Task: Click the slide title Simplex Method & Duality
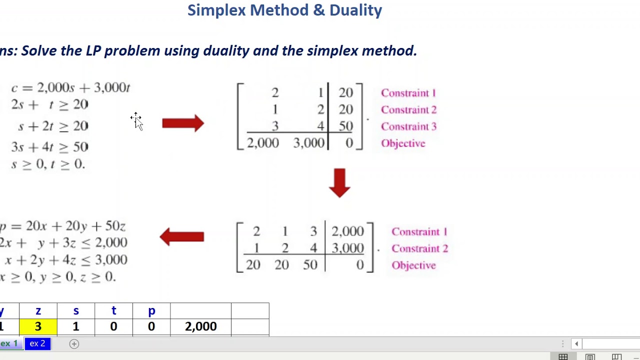point(284,10)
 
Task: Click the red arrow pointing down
point(339,182)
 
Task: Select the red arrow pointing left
point(182,236)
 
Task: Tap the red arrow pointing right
point(183,123)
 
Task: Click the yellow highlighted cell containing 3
point(38,326)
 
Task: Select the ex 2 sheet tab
point(37,343)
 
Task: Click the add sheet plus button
point(74,343)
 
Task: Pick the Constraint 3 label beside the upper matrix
point(408,126)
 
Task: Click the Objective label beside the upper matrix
point(403,143)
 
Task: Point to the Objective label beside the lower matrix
point(413,265)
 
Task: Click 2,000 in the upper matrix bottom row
point(263,143)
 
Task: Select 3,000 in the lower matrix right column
point(347,248)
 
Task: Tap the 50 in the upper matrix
point(345,126)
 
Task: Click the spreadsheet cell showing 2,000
point(200,326)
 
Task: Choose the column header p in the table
point(151,311)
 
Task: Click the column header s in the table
point(76,311)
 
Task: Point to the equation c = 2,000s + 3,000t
point(70,88)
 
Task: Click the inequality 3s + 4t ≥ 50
point(49,147)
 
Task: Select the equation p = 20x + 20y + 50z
point(63,226)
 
